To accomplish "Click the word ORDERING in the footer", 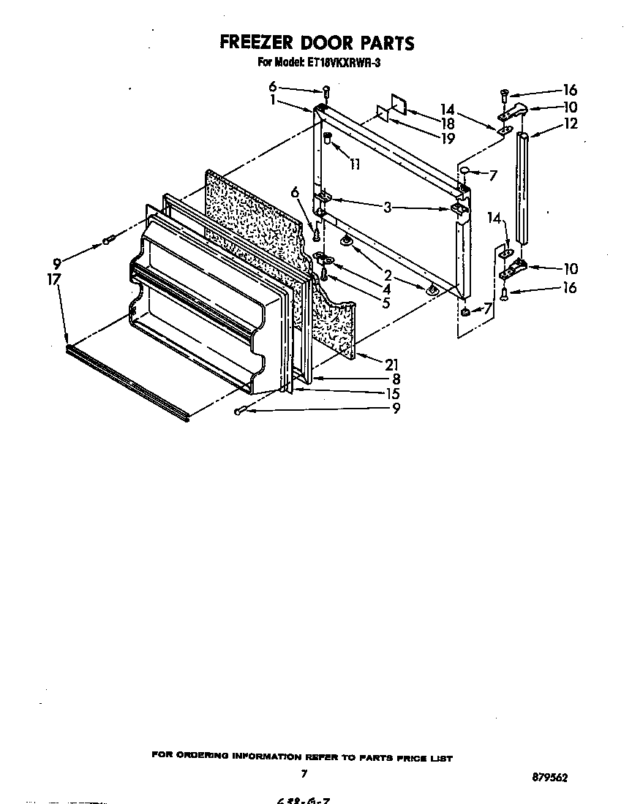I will [x=200, y=757].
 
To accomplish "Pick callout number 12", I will [x=571, y=124].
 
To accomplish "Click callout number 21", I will [x=391, y=364].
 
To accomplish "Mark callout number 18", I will [x=447, y=124].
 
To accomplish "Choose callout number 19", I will [x=447, y=137].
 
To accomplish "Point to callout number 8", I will [x=395, y=379].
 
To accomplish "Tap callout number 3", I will [x=388, y=208].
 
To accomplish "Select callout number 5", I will [x=385, y=301].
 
